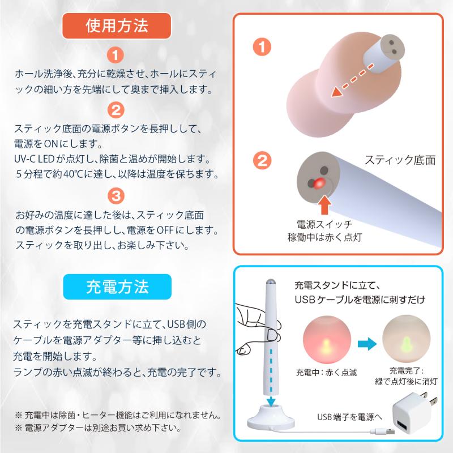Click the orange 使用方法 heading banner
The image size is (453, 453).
[x=117, y=25]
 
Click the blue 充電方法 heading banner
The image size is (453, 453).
[x=117, y=287]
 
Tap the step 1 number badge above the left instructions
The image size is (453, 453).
[x=116, y=55]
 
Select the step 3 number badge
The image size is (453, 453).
[x=116, y=196]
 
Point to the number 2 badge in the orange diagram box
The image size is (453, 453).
[x=262, y=160]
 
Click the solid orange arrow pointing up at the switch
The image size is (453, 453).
[x=324, y=204]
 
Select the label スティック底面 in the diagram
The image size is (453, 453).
[x=400, y=160]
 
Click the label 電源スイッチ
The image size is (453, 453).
[x=324, y=224]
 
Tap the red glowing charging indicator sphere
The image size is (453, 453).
[x=327, y=340]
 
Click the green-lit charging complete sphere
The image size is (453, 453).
[x=406, y=339]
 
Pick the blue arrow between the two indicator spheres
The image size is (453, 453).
[x=367, y=344]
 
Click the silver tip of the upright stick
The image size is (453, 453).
[x=271, y=281]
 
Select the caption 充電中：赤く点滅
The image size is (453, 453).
[x=327, y=373]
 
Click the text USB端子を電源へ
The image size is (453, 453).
[x=349, y=417]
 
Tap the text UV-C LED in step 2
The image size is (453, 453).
[x=34, y=159]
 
